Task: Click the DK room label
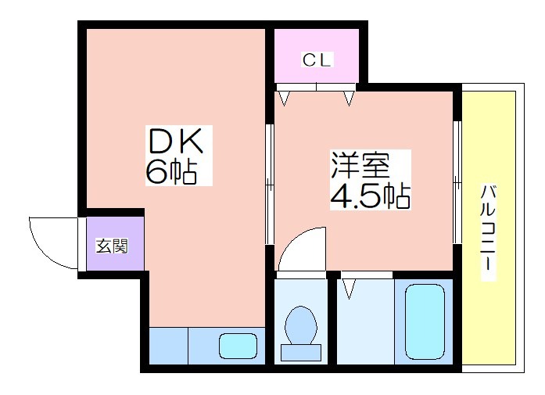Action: coord(175,141)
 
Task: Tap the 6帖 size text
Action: coord(171,172)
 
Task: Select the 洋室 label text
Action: coord(360,165)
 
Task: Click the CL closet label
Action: coord(317,59)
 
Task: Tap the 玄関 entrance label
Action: coord(112,246)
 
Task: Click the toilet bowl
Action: coord(301,325)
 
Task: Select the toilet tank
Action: coord(301,353)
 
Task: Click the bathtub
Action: coord(425,322)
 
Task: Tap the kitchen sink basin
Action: coord(238,346)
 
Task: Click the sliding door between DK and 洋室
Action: coord(270,185)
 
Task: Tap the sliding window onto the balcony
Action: coord(457,182)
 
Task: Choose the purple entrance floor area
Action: coord(115,243)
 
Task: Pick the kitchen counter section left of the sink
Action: coord(169,346)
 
